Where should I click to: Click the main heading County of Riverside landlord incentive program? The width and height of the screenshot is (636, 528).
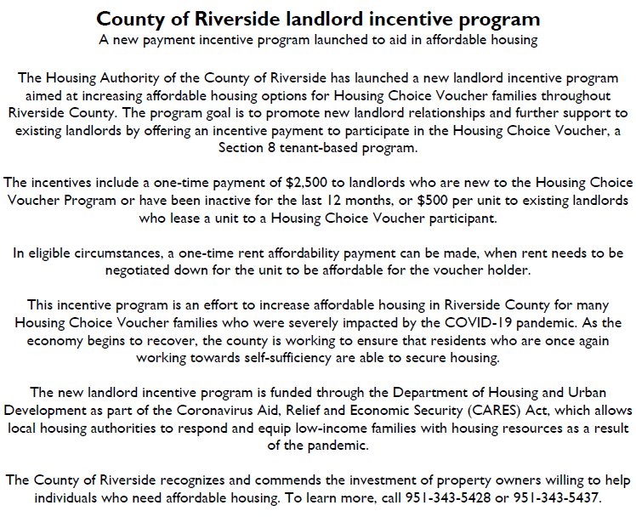[x=318, y=19]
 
